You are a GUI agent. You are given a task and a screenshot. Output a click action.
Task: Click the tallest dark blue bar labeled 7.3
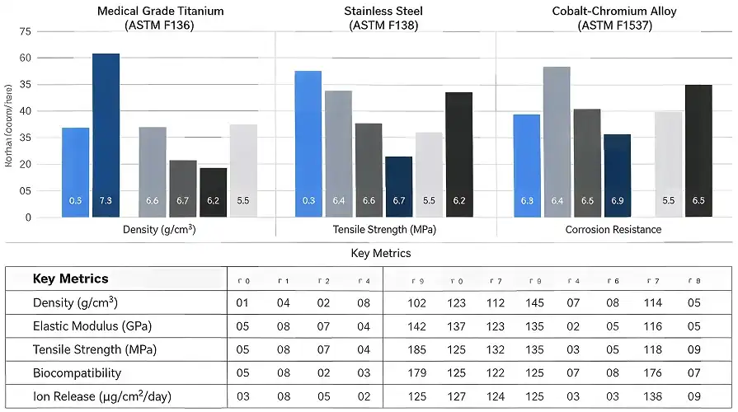[x=106, y=135]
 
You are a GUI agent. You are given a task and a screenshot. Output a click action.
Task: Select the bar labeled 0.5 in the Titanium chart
[x=75, y=172]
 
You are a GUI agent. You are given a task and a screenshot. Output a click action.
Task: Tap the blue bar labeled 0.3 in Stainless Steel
[x=308, y=144]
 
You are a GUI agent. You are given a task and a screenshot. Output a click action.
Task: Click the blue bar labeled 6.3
[x=527, y=166]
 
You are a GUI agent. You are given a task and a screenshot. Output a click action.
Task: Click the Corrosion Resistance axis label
[x=613, y=230]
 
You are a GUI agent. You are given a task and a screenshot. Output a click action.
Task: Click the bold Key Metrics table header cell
[x=70, y=279]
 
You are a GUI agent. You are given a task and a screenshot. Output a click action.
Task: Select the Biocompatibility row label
[x=77, y=373]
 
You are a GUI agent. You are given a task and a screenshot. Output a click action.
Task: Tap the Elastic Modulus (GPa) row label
[x=92, y=325]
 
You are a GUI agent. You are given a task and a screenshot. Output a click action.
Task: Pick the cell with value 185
[x=417, y=349]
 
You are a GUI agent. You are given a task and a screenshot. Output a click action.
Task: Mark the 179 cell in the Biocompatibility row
[x=417, y=373]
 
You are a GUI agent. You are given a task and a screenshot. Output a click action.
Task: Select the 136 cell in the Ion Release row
[x=653, y=397]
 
